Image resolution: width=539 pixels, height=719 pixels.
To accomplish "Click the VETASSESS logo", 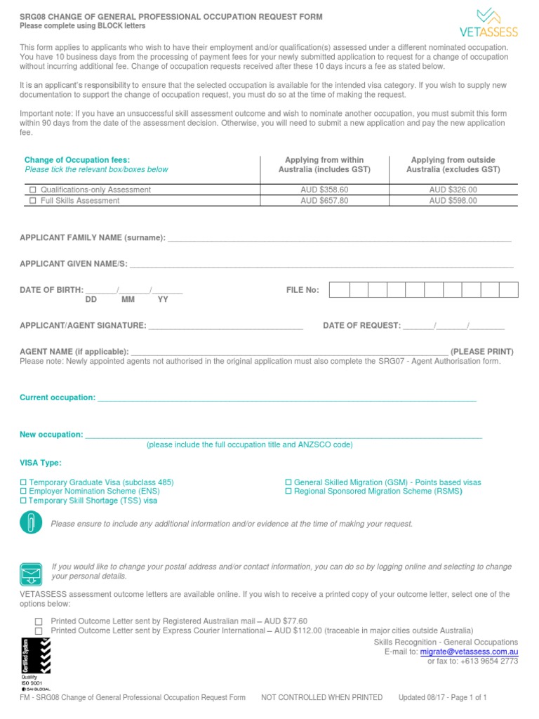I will click(488, 22).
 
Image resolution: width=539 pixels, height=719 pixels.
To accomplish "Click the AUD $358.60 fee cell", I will click(324, 190).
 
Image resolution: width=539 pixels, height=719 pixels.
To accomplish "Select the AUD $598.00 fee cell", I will click(453, 201).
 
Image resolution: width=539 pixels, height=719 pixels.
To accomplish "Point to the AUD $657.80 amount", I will click(324, 201).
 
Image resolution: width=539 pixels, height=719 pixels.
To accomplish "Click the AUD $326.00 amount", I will click(453, 190).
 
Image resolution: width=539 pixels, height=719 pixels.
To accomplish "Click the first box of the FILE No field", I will click(339, 290).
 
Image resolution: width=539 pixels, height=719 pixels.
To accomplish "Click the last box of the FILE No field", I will click(509, 290).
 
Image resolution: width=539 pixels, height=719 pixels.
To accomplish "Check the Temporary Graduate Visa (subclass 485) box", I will click(23, 483).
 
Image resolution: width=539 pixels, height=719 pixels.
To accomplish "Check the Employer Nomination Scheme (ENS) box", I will click(23, 492).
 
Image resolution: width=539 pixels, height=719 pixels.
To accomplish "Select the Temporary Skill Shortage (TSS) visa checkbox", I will click(23, 501).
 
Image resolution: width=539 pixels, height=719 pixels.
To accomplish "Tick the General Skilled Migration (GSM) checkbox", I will click(288, 483).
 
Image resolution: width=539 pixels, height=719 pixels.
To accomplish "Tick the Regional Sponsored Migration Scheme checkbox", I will click(288, 492).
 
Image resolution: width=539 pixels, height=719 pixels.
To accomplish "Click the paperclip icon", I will click(31, 523).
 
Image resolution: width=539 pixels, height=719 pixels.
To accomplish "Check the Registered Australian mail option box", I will click(39, 621).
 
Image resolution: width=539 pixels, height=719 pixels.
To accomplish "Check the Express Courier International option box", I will click(39, 631).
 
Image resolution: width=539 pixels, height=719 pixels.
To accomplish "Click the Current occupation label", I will click(58, 398).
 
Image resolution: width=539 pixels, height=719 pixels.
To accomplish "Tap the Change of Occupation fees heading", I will click(77, 160).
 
